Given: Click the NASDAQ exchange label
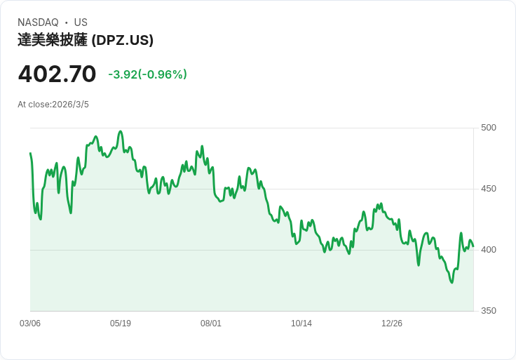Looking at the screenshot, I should click(x=38, y=22).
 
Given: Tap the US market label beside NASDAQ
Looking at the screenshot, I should click(x=81, y=22).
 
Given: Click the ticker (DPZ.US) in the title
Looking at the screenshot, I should click(x=123, y=41).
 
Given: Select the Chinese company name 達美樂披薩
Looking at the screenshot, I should click(x=53, y=41).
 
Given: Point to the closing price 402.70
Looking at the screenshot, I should click(x=57, y=74).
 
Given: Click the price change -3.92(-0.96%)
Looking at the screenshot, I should click(x=147, y=74).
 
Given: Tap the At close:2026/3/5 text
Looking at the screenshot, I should click(x=53, y=105).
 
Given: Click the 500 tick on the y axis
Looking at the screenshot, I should click(x=489, y=128).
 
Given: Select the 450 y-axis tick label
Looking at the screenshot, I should click(x=489, y=189).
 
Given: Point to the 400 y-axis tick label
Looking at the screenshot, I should click(x=489, y=250).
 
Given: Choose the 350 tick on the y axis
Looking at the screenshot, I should click(x=489, y=311).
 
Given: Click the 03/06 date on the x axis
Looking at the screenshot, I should click(x=30, y=324).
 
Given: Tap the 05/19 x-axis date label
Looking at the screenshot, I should click(x=121, y=324).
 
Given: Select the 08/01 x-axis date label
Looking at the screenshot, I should click(x=211, y=324).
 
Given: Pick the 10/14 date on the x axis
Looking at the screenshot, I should click(x=301, y=324).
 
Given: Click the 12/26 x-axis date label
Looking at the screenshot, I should click(x=392, y=324).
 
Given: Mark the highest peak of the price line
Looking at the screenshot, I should click(x=121, y=131).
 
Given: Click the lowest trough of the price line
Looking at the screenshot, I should click(x=451, y=282).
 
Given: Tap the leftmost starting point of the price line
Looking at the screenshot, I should click(x=30, y=153).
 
